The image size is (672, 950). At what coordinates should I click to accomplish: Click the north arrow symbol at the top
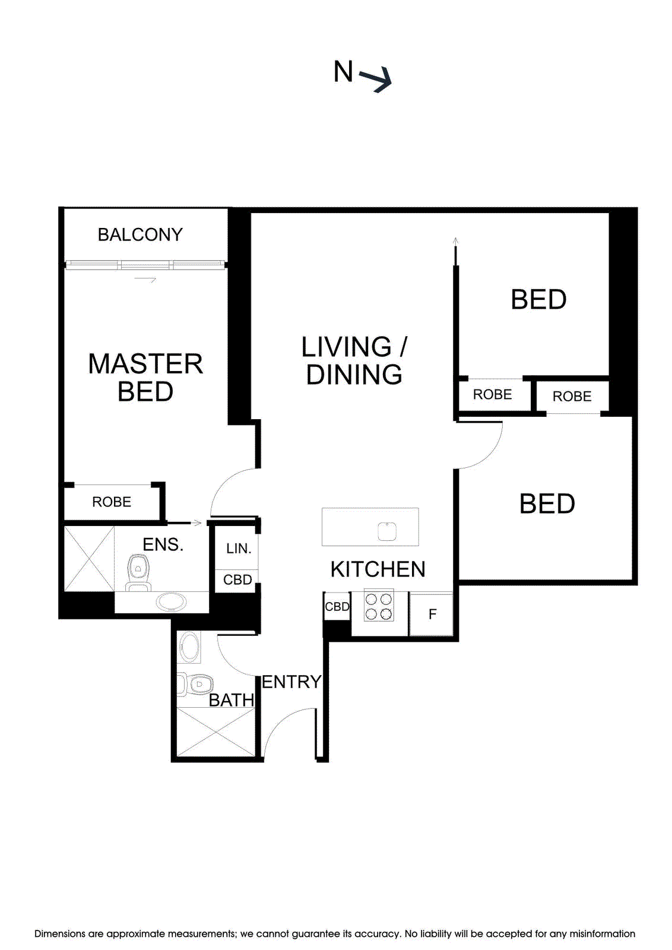[x=375, y=78]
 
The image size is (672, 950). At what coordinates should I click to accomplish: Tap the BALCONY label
[x=140, y=235]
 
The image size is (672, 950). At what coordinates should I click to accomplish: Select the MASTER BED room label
[x=145, y=378]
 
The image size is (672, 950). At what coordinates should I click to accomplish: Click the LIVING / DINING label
[x=354, y=360]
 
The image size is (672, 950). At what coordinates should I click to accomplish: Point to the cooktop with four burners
[x=379, y=606]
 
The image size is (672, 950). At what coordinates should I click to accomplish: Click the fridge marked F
[x=432, y=614]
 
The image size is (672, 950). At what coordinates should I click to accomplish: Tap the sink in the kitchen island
[x=387, y=531]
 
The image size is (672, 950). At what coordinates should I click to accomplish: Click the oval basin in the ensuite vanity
[x=171, y=602]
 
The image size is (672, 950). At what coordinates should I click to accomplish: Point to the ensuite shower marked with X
[x=89, y=559]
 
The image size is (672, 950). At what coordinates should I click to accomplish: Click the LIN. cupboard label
[x=239, y=549]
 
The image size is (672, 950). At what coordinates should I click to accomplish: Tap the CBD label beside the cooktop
[x=337, y=607]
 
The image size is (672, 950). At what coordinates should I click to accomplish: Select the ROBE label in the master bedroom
[x=112, y=502]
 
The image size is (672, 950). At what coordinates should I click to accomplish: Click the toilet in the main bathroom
[x=196, y=685]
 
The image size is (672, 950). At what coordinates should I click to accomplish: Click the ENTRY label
[x=291, y=682]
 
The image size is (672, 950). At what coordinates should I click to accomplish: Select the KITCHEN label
[x=378, y=569]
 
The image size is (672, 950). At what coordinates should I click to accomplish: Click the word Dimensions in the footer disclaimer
[x=59, y=934]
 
